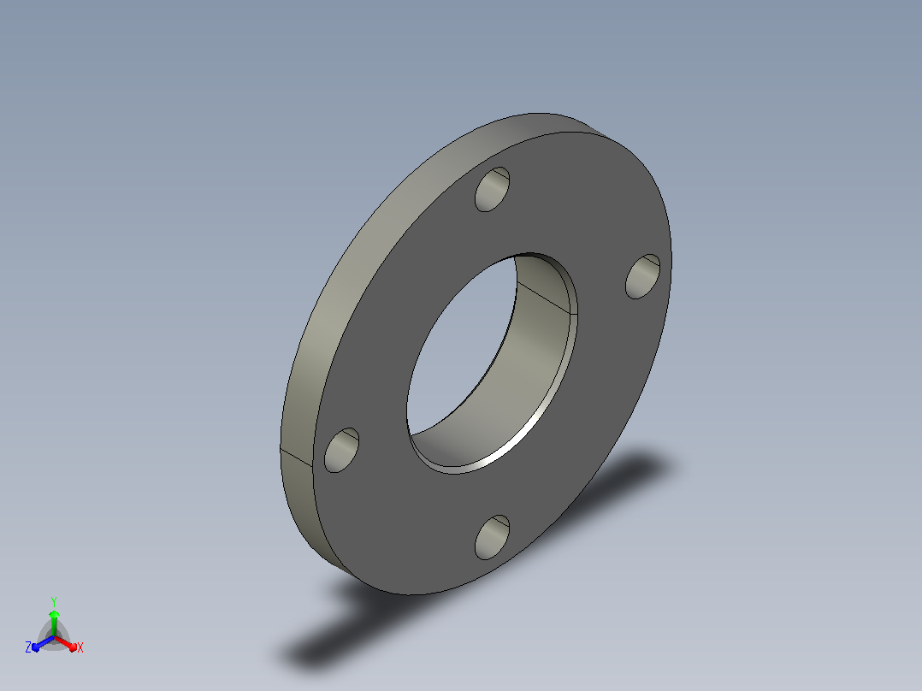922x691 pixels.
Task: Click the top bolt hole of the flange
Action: tap(492, 189)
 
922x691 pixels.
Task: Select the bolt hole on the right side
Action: tap(642, 276)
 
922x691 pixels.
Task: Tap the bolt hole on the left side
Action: tap(341, 450)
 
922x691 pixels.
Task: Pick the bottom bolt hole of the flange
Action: tap(492, 537)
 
